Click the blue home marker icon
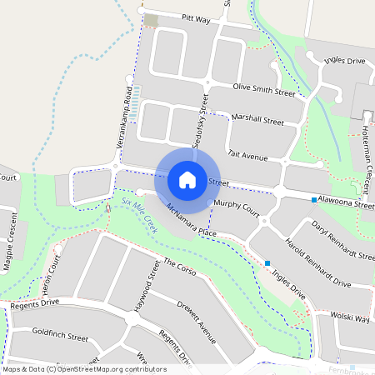(x=187, y=179)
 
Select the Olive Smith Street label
(x=265, y=90)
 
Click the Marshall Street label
(x=258, y=121)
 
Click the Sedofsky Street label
(x=198, y=122)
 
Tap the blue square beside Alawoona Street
(x=314, y=200)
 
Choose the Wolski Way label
(x=351, y=317)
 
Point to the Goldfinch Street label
(x=60, y=337)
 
